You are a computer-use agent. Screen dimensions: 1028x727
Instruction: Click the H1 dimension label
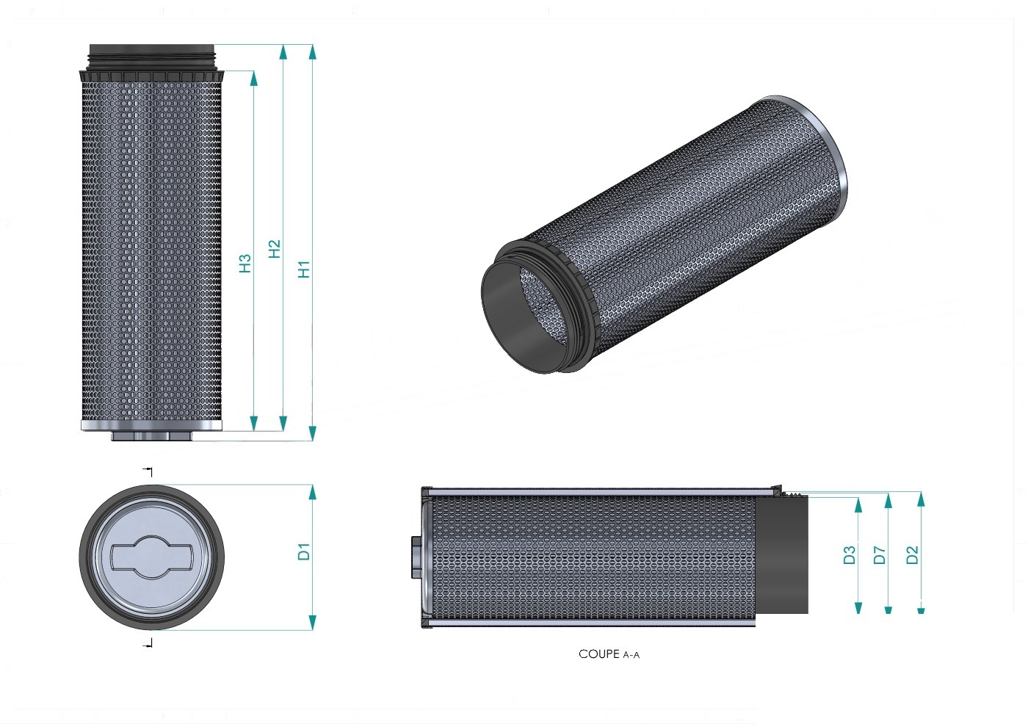click(304, 270)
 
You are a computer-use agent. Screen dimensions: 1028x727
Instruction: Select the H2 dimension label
click(274, 249)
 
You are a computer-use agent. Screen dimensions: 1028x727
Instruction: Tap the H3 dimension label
click(245, 264)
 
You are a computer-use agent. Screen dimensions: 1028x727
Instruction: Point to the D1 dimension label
click(304, 551)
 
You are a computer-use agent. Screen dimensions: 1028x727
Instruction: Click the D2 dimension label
click(912, 555)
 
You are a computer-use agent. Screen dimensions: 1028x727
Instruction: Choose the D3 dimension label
click(850, 555)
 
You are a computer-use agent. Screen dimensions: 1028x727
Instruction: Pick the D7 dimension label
click(880, 555)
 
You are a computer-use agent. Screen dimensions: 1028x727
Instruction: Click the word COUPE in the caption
click(599, 654)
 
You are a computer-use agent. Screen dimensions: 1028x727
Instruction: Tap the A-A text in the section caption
click(631, 655)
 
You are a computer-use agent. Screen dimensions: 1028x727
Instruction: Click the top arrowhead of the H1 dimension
click(313, 52)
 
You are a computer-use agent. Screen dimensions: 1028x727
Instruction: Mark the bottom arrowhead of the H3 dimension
click(254, 423)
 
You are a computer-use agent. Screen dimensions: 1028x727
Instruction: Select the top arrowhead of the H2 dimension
click(283, 52)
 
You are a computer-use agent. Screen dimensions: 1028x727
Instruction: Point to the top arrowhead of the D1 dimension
click(313, 492)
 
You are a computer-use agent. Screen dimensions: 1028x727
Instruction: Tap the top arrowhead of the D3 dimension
click(858, 505)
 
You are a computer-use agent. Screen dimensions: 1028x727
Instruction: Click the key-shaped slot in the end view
click(152, 557)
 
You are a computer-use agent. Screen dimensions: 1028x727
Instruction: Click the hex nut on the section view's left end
click(416, 557)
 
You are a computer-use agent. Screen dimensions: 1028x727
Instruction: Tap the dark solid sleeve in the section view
click(781, 555)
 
